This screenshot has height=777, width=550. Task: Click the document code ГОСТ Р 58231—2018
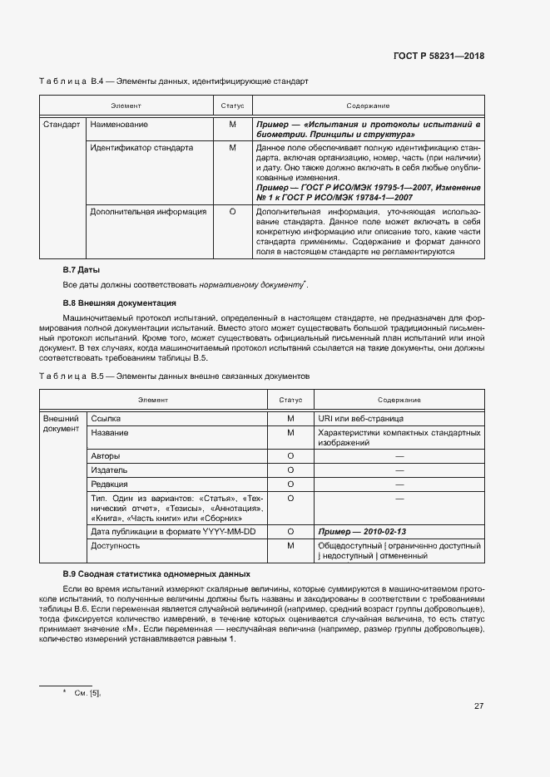pos(438,56)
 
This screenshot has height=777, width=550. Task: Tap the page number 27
pos(478,706)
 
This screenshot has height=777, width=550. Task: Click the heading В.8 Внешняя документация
pos(119,303)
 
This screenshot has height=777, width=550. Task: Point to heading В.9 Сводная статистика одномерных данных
pos(156,574)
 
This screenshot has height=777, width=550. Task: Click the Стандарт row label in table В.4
pos(62,125)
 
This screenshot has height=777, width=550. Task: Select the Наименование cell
pos(119,125)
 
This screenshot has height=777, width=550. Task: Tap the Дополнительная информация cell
pos(148,212)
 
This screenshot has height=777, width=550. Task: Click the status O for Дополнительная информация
pos(232,212)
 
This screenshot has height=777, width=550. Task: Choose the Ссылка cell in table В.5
pos(106,419)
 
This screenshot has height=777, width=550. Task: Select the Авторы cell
pos(105,456)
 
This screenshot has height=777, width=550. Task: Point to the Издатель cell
pos(109,470)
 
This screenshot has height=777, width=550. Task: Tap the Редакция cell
pos(109,484)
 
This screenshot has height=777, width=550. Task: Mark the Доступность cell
pos(115,546)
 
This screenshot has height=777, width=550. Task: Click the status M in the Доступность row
pos(291,546)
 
